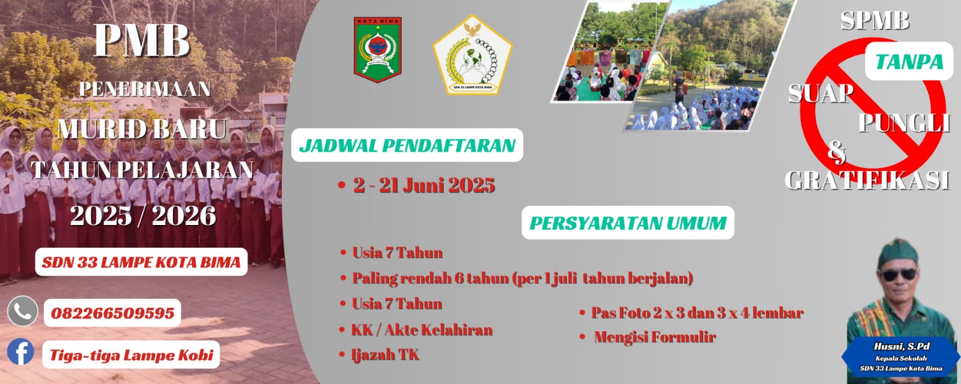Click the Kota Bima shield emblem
tap(378, 50)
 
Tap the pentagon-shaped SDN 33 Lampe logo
tap(472, 55)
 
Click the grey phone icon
tap(23, 311)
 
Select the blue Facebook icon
tap(20, 352)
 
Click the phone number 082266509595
tap(112, 313)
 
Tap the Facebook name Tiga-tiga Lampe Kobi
tap(132, 355)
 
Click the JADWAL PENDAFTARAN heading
tap(407, 146)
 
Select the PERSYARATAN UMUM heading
tap(628, 223)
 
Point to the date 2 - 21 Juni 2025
tap(424, 185)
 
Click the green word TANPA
tap(909, 62)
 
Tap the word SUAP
tap(820, 94)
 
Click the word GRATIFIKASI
tap(867, 181)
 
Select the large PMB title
tap(142, 40)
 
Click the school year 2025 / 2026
tap(143, 215)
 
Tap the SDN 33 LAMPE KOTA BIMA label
tap(141, 262)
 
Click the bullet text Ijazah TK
tap(385, 355)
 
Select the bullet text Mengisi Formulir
tap(655, 337)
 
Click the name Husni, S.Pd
tap(902, 346)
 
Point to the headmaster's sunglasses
tap(899, 275)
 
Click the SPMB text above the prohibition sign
tap(875, 20)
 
